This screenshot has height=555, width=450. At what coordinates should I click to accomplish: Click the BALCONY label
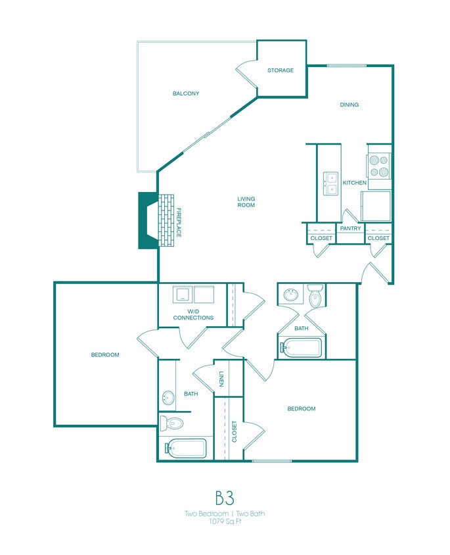(186, 93)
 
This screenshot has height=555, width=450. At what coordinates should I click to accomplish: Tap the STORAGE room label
(281, 70)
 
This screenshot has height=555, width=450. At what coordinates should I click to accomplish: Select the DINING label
(349, 105)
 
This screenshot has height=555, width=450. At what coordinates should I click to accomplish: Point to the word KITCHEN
(354, 183)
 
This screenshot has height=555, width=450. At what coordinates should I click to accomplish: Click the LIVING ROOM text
(246, 202)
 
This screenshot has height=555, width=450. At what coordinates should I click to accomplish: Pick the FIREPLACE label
(178, 223)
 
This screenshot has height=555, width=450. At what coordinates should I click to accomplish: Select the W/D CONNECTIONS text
(193, 314)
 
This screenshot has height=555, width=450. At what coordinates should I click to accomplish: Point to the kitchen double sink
(330, 183)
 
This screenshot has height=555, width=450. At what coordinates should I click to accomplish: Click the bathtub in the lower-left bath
(186, 448)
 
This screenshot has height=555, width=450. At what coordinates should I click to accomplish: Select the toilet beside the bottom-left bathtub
(171, 423)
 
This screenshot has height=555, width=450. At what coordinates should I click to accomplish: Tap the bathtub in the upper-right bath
(301, 347)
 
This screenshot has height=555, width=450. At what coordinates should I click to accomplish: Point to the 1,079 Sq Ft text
(225, 521)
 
